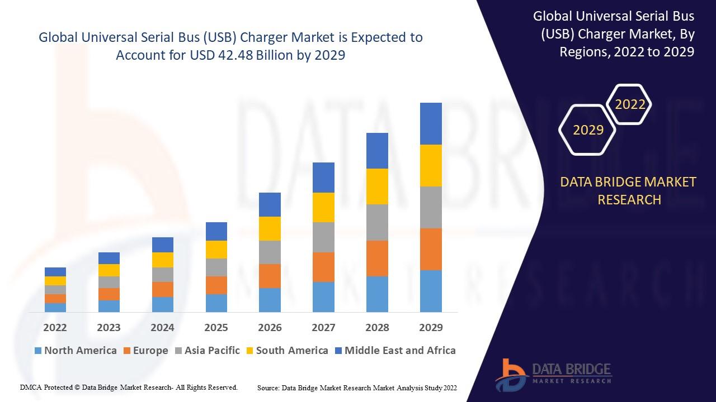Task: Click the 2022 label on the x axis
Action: tap(55, 327)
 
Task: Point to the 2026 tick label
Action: tap(270, 327)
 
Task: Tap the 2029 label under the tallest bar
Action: tap(431, 327)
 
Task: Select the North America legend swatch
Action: tap(38, 351)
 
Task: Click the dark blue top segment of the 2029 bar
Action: tap(431, 123)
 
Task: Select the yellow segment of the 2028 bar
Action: tap(377, 186)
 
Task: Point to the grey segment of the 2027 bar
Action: tap(323, 237)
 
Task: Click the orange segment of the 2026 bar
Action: tap(270, 276)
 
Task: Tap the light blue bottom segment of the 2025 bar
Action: tap(216, 303)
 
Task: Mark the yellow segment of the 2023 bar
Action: tap(109, 270)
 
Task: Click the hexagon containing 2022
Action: tap(630, 104)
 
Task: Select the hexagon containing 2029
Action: tap(588, 130)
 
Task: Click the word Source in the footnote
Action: tap(268, 387)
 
